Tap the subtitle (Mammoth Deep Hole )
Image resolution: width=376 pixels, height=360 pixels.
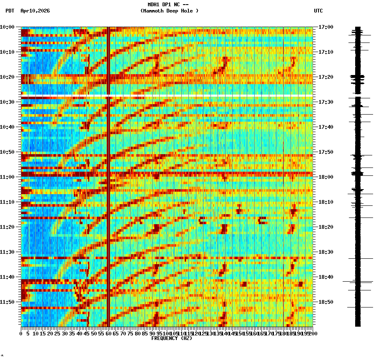coord(169,11)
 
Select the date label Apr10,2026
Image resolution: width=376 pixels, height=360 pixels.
coord(35,11)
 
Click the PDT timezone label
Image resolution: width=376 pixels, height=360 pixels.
coord(10,11)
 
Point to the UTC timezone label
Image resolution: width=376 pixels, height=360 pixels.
coord(318,11)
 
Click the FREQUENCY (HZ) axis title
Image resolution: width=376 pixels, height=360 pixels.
coord(172,338)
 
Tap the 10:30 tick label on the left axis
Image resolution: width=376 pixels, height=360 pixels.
coord(7,102)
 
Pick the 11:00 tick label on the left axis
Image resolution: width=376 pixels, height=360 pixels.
coord(7,177)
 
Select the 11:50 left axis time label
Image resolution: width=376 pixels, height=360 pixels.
coord(7,302)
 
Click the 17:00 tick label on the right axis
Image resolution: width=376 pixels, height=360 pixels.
coord(326,27)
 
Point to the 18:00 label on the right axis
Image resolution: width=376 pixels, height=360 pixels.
coord(326,177)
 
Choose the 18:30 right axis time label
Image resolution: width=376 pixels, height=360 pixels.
coord(326,252)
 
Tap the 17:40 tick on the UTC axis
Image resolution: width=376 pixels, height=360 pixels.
coord(326,127)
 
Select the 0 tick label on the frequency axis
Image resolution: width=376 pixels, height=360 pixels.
coord(21,334)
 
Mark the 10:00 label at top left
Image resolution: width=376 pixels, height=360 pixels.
coord(7,27)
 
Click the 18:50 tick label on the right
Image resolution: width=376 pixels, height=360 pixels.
coord(326,302)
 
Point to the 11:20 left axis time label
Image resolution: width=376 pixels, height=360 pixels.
coord(7,227)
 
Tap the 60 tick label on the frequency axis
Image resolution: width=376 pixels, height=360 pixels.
coord(108,334)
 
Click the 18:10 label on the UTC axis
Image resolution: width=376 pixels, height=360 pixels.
coord(326,202)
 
